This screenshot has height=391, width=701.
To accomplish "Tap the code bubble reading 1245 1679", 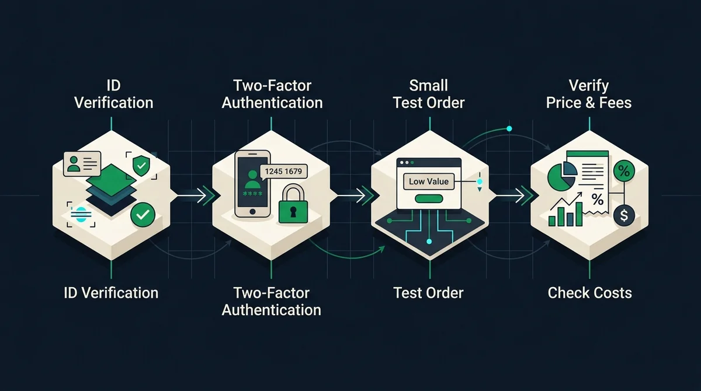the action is click(283, 171).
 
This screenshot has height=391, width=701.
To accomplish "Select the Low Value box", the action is click(429, 181).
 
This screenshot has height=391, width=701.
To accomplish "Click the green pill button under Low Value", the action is click(429, 198).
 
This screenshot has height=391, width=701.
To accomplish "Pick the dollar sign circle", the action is click(624, 216).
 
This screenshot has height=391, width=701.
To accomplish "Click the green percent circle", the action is click(624, 171).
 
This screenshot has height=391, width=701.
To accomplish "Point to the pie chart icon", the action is click(562, 176).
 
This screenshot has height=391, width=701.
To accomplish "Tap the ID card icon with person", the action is click(82, 164).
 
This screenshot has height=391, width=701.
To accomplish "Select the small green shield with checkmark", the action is click(141, 165).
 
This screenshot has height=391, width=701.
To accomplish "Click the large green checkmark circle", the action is click(143, 214).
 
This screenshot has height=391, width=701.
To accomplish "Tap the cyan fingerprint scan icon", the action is click(81, 214).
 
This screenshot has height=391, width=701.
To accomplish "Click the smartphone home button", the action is click(252, 212).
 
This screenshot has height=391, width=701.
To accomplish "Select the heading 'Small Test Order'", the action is click(429, 94).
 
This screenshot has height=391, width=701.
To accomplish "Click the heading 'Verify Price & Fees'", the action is click(589, 94).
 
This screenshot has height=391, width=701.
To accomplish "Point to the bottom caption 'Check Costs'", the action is click(589, 293).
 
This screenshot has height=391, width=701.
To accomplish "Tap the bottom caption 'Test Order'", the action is click(428, 293).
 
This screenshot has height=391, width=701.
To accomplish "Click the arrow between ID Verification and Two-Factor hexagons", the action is click(192, 196).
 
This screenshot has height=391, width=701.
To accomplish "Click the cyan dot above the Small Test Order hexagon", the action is click(509, 128).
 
